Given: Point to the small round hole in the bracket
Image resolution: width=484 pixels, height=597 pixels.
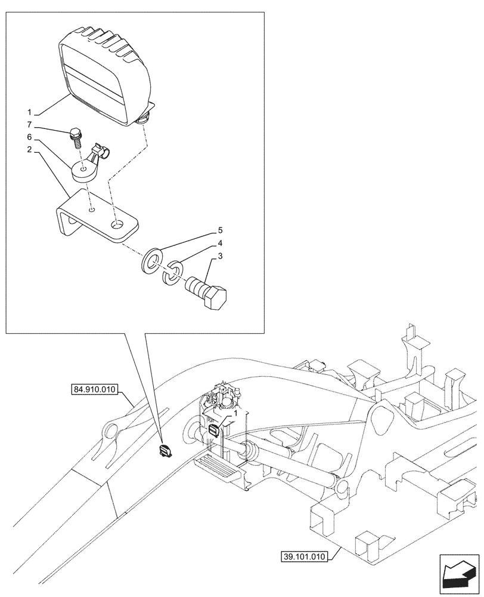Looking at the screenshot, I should tap(91, 210).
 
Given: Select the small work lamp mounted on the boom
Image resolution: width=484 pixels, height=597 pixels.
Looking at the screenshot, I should tap(165, 451).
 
